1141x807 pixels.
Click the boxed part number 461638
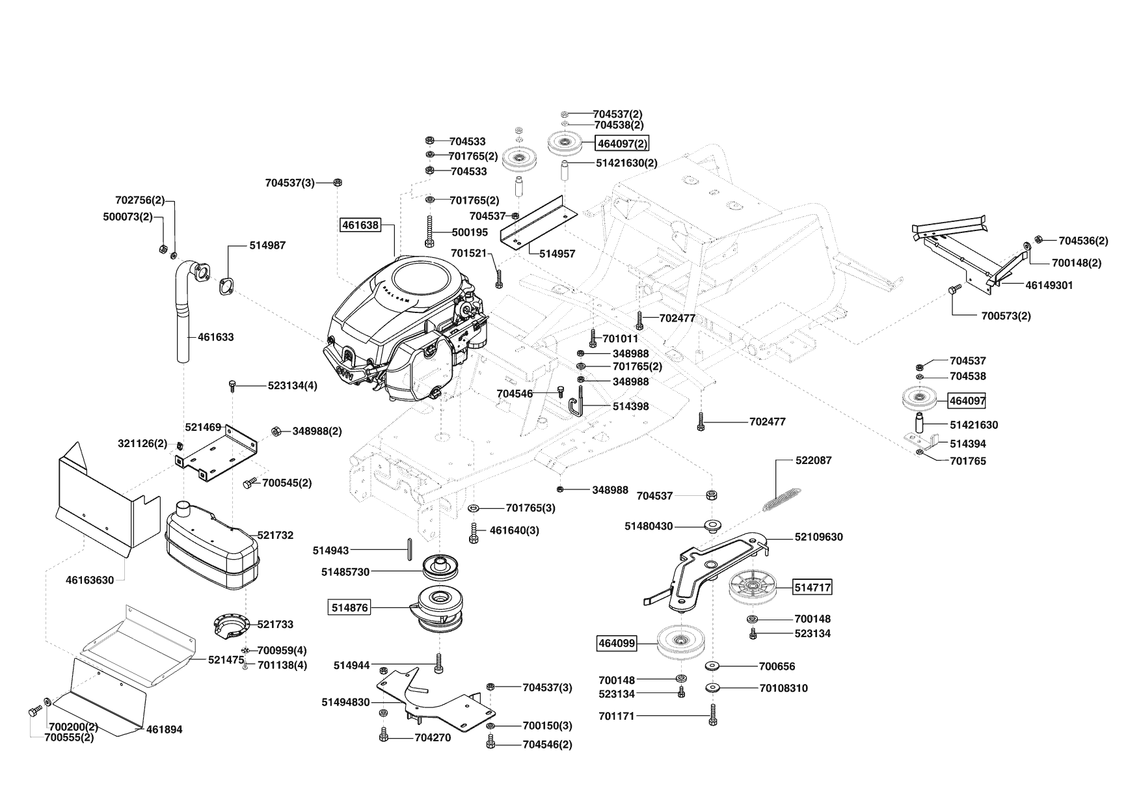360,225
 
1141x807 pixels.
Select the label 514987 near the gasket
267,245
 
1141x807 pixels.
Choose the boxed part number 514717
812,587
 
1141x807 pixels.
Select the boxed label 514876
349,608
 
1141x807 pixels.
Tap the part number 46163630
90,580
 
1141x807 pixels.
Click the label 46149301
1049,285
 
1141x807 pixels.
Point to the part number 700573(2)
1006,316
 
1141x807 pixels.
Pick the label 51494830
345,702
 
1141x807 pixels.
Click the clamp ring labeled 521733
231,625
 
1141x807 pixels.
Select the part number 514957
557,254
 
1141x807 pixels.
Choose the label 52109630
818,537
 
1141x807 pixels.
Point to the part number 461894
165,730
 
